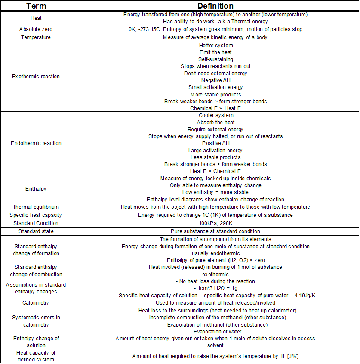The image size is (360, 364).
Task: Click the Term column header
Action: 36,6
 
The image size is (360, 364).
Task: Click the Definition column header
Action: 215,6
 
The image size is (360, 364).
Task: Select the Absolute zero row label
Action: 36,29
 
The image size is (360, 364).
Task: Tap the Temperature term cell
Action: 36,37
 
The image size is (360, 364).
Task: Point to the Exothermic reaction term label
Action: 36,77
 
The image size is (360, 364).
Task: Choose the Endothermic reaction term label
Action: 36,143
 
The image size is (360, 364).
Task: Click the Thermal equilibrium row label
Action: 36,207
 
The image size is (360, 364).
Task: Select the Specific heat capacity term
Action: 36,215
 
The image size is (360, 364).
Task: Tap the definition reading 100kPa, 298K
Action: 215,223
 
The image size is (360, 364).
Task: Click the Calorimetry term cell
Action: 36,303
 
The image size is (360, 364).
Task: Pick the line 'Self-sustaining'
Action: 215,59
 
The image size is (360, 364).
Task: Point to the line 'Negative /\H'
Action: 215,80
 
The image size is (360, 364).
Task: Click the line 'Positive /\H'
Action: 215,143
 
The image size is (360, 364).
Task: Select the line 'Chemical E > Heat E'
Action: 215,108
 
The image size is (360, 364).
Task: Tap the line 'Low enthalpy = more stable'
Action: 215,192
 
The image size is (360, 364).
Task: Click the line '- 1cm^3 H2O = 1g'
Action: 215,288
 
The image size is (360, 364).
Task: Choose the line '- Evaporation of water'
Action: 215,332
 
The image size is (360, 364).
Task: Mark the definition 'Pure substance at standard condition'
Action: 215,231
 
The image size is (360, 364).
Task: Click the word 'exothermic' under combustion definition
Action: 215,274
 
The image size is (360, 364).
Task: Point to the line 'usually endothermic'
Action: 215,253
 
